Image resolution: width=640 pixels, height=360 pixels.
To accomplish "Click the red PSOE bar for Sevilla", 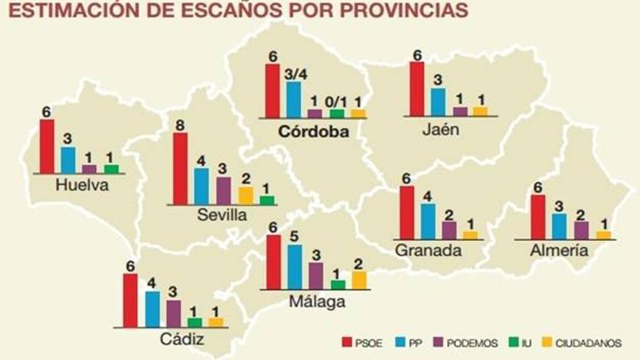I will coord(180,169).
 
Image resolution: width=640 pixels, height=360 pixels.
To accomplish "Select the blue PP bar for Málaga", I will coord(295,267).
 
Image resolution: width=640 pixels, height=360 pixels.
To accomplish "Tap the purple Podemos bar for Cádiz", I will coord(173,313).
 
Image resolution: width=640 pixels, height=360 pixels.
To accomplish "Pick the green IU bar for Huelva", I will coord(111,169).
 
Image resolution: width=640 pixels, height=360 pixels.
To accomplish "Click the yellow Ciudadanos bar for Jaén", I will coord(479,111).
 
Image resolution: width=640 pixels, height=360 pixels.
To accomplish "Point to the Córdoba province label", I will coord(313,132).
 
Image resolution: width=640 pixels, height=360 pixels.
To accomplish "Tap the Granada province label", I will coord(428,251).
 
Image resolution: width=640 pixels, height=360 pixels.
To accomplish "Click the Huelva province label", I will coord(81,185).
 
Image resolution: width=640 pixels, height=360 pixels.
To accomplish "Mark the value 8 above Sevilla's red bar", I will coord(180,124).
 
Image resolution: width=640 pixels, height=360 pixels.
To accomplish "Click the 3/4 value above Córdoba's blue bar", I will coord(293,73).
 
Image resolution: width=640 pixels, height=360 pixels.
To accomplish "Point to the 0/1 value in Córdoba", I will coord(336,102).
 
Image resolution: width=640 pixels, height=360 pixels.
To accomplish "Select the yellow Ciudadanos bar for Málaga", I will coord(359,280).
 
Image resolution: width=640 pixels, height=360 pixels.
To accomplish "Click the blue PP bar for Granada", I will coord(428,221).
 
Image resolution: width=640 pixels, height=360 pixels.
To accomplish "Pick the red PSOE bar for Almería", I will coord(538,217).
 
